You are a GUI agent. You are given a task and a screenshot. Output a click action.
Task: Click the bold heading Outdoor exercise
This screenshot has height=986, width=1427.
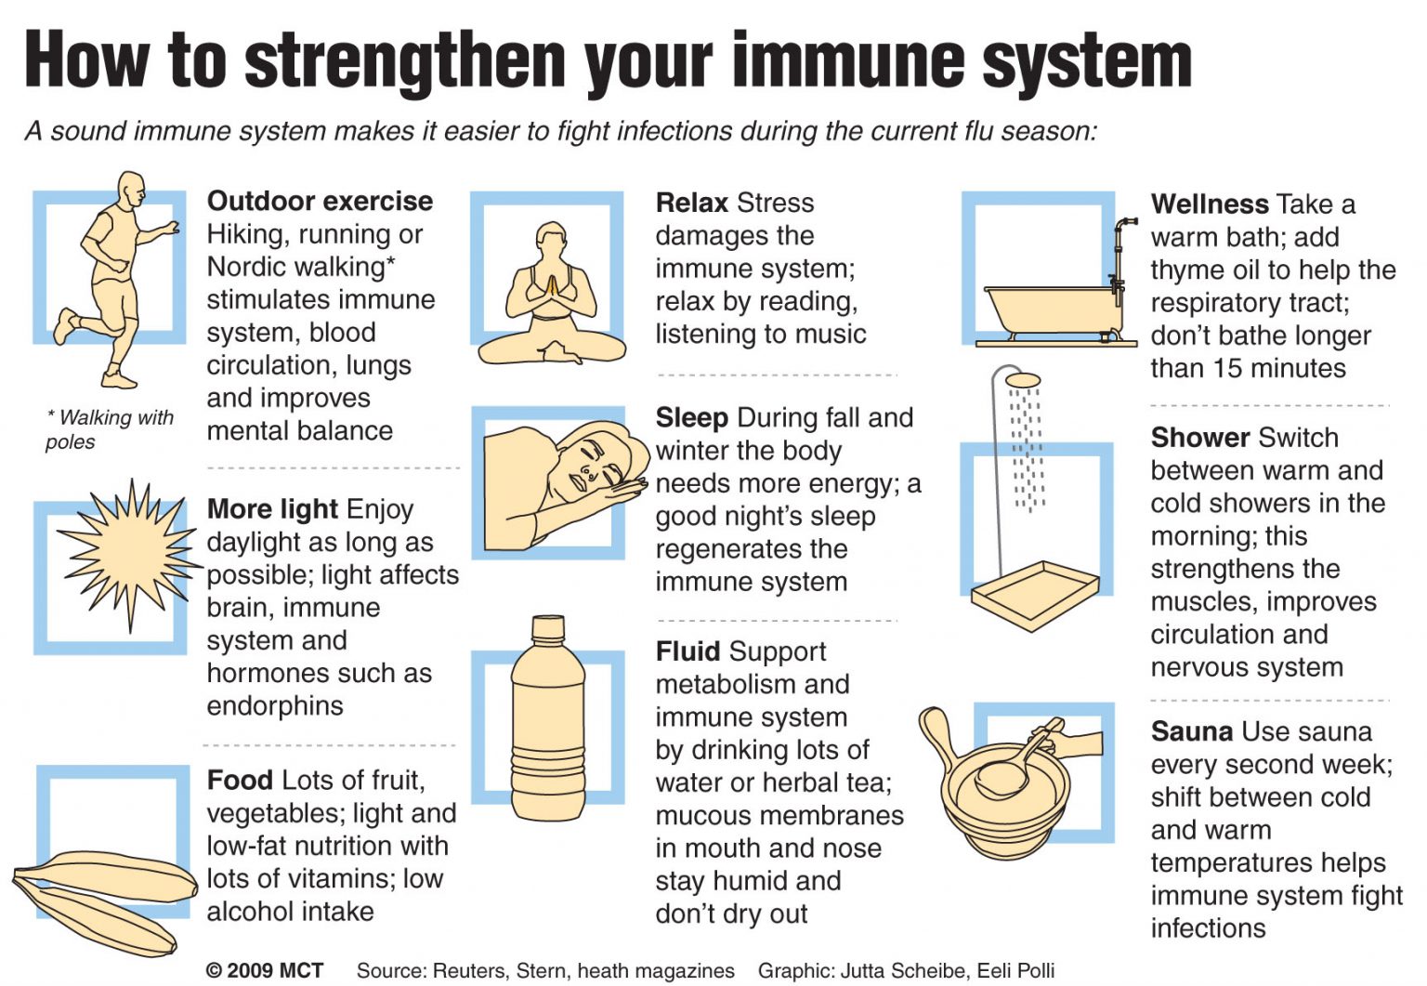(x=320, y=201)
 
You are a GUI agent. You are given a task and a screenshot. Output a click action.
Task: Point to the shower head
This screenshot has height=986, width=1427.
(x=1023, y=380)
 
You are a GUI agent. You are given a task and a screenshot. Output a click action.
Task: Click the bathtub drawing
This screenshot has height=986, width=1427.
(x=1050, y=311)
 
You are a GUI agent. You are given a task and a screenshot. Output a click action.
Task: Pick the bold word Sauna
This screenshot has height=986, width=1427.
(x=1192, y=731)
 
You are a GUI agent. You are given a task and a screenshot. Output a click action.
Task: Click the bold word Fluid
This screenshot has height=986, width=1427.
(x=687, y=651)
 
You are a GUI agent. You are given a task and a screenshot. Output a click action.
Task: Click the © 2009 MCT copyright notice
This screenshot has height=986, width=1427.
(x=265, y=970)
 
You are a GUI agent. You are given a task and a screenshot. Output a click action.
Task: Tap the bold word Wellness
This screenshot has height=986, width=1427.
(x=1210, y=204)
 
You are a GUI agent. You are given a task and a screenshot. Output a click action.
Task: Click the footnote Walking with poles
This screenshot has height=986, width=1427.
(x=110, y=428)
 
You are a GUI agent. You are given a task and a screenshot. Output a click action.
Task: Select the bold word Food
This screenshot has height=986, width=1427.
(x=240, y=780)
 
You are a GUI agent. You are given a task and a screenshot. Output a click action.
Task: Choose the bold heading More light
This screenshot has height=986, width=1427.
(x=272, y=509)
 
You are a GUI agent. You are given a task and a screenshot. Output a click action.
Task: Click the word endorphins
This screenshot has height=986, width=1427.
(x=275, y=706)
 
